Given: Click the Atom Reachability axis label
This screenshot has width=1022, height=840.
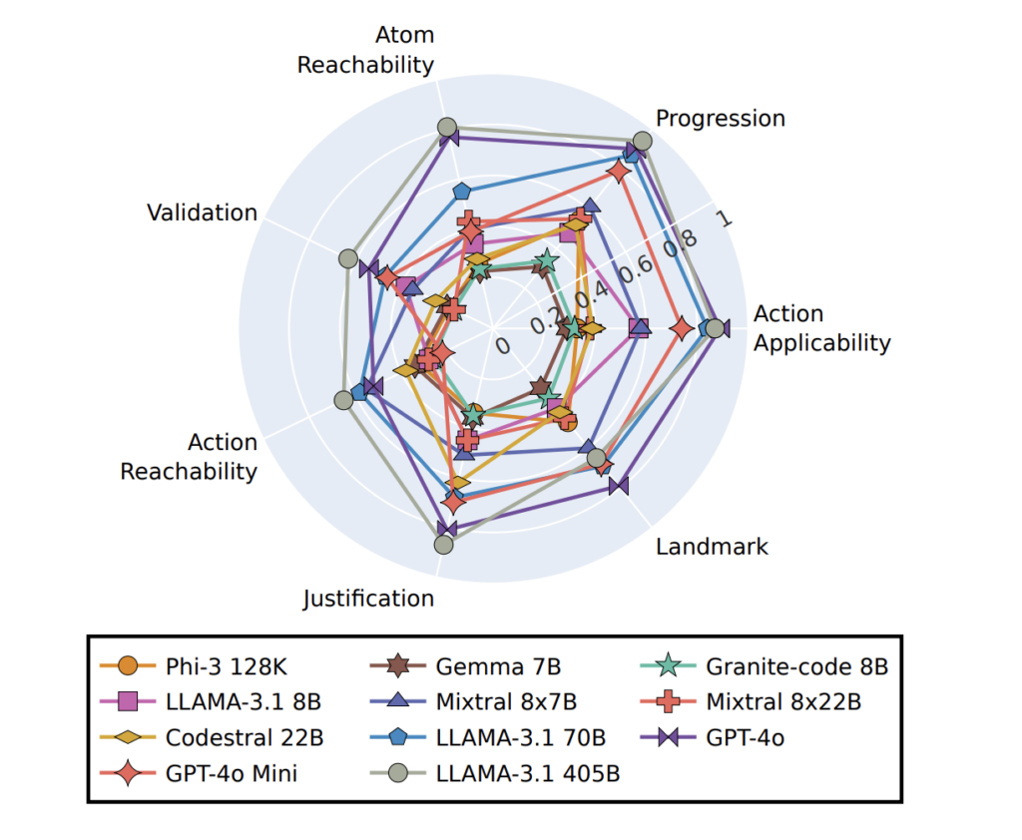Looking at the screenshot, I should pyautogui.click(x=365, y=50).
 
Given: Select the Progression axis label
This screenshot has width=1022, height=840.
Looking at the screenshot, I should pyautogui.click(x=720, y=119).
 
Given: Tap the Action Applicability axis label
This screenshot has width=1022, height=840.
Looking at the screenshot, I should pyautogui.click(x=821, y=328).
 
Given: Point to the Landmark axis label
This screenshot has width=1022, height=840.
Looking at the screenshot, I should pyautogui.click(x=712, y=546).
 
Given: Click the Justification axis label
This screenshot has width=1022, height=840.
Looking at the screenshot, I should pyautogui.click(x=368, y=599).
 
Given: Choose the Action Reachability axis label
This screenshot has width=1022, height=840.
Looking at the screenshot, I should pyautogui.click(x=189, y=457).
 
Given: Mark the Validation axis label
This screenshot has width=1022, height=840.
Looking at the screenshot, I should pyautogui.click(x=202, y=212).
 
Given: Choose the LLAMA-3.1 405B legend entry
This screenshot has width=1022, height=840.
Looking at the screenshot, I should pyautogui.click(x=527, y=773).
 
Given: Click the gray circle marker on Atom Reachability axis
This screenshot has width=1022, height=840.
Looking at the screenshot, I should pyautogui.click(x=447, y=128).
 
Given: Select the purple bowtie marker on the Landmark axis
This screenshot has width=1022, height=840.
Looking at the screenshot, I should pyautogui.click(x=619, y=485).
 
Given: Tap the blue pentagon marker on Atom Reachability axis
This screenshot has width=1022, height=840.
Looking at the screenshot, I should pyautogui.click(x=461, y=190).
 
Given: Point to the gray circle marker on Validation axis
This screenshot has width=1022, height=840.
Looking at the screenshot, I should pyautogui.click(x=347, y=258).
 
